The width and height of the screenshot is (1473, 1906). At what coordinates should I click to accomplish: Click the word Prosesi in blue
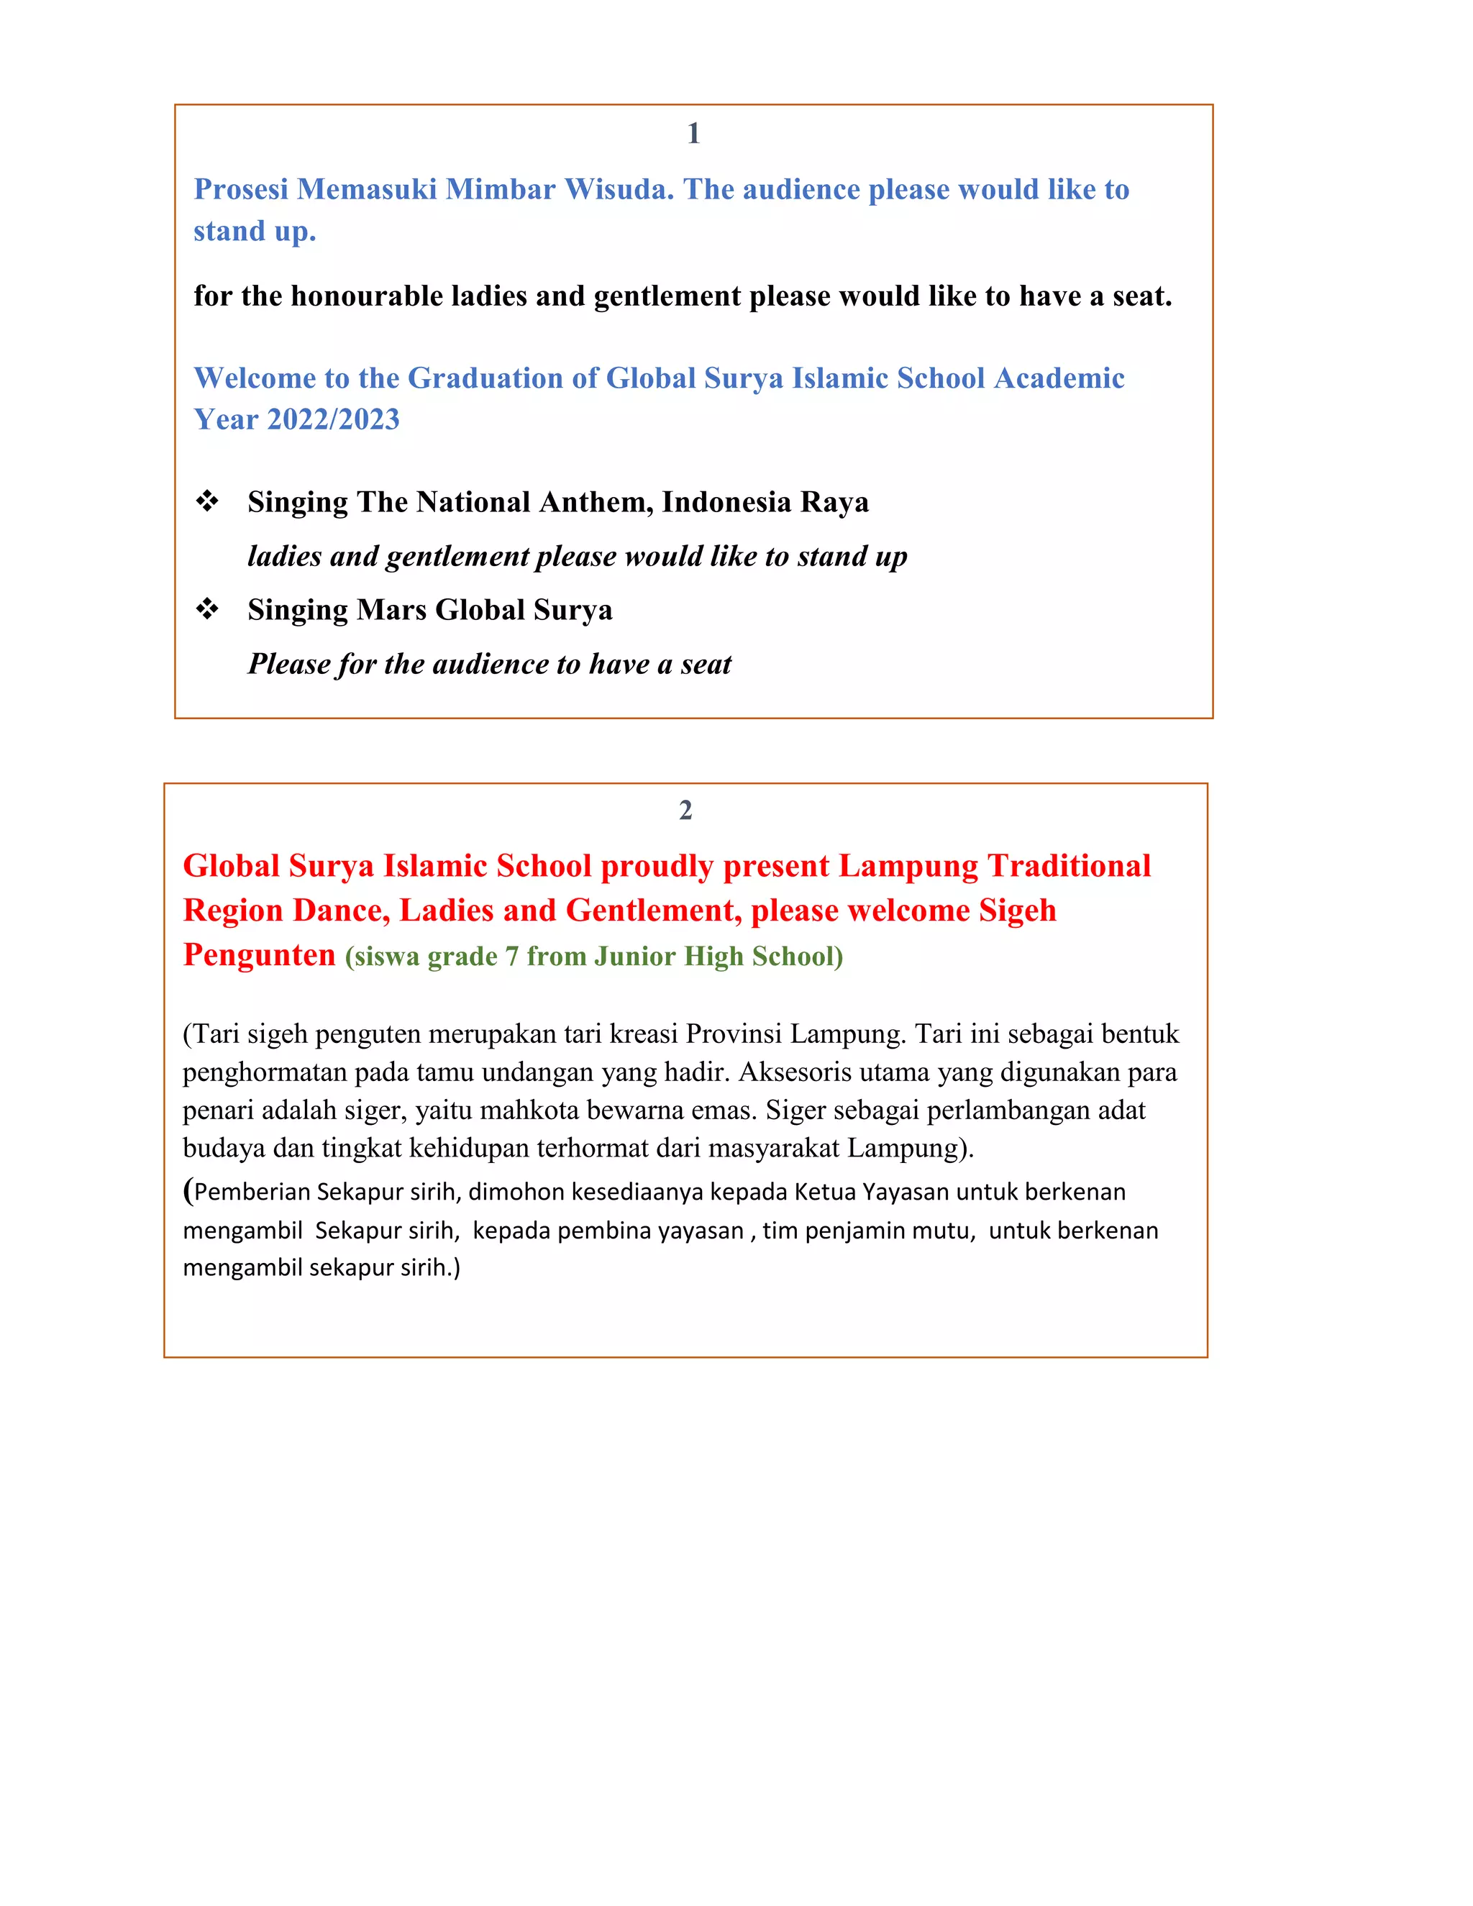[x=241, y=189]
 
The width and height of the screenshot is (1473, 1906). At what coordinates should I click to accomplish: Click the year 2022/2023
[x=333, y=420]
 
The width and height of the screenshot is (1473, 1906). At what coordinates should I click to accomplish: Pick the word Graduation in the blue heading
[x=485, y=379]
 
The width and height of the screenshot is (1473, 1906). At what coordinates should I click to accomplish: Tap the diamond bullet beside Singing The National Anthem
[x=207, y=502]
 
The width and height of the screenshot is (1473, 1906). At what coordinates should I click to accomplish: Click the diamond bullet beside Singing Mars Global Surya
[x=207, y=609]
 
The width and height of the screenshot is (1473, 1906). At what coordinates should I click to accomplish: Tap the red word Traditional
[x=1068, y=867]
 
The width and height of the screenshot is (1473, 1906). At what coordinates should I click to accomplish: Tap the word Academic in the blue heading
[x=1059, y=379]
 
